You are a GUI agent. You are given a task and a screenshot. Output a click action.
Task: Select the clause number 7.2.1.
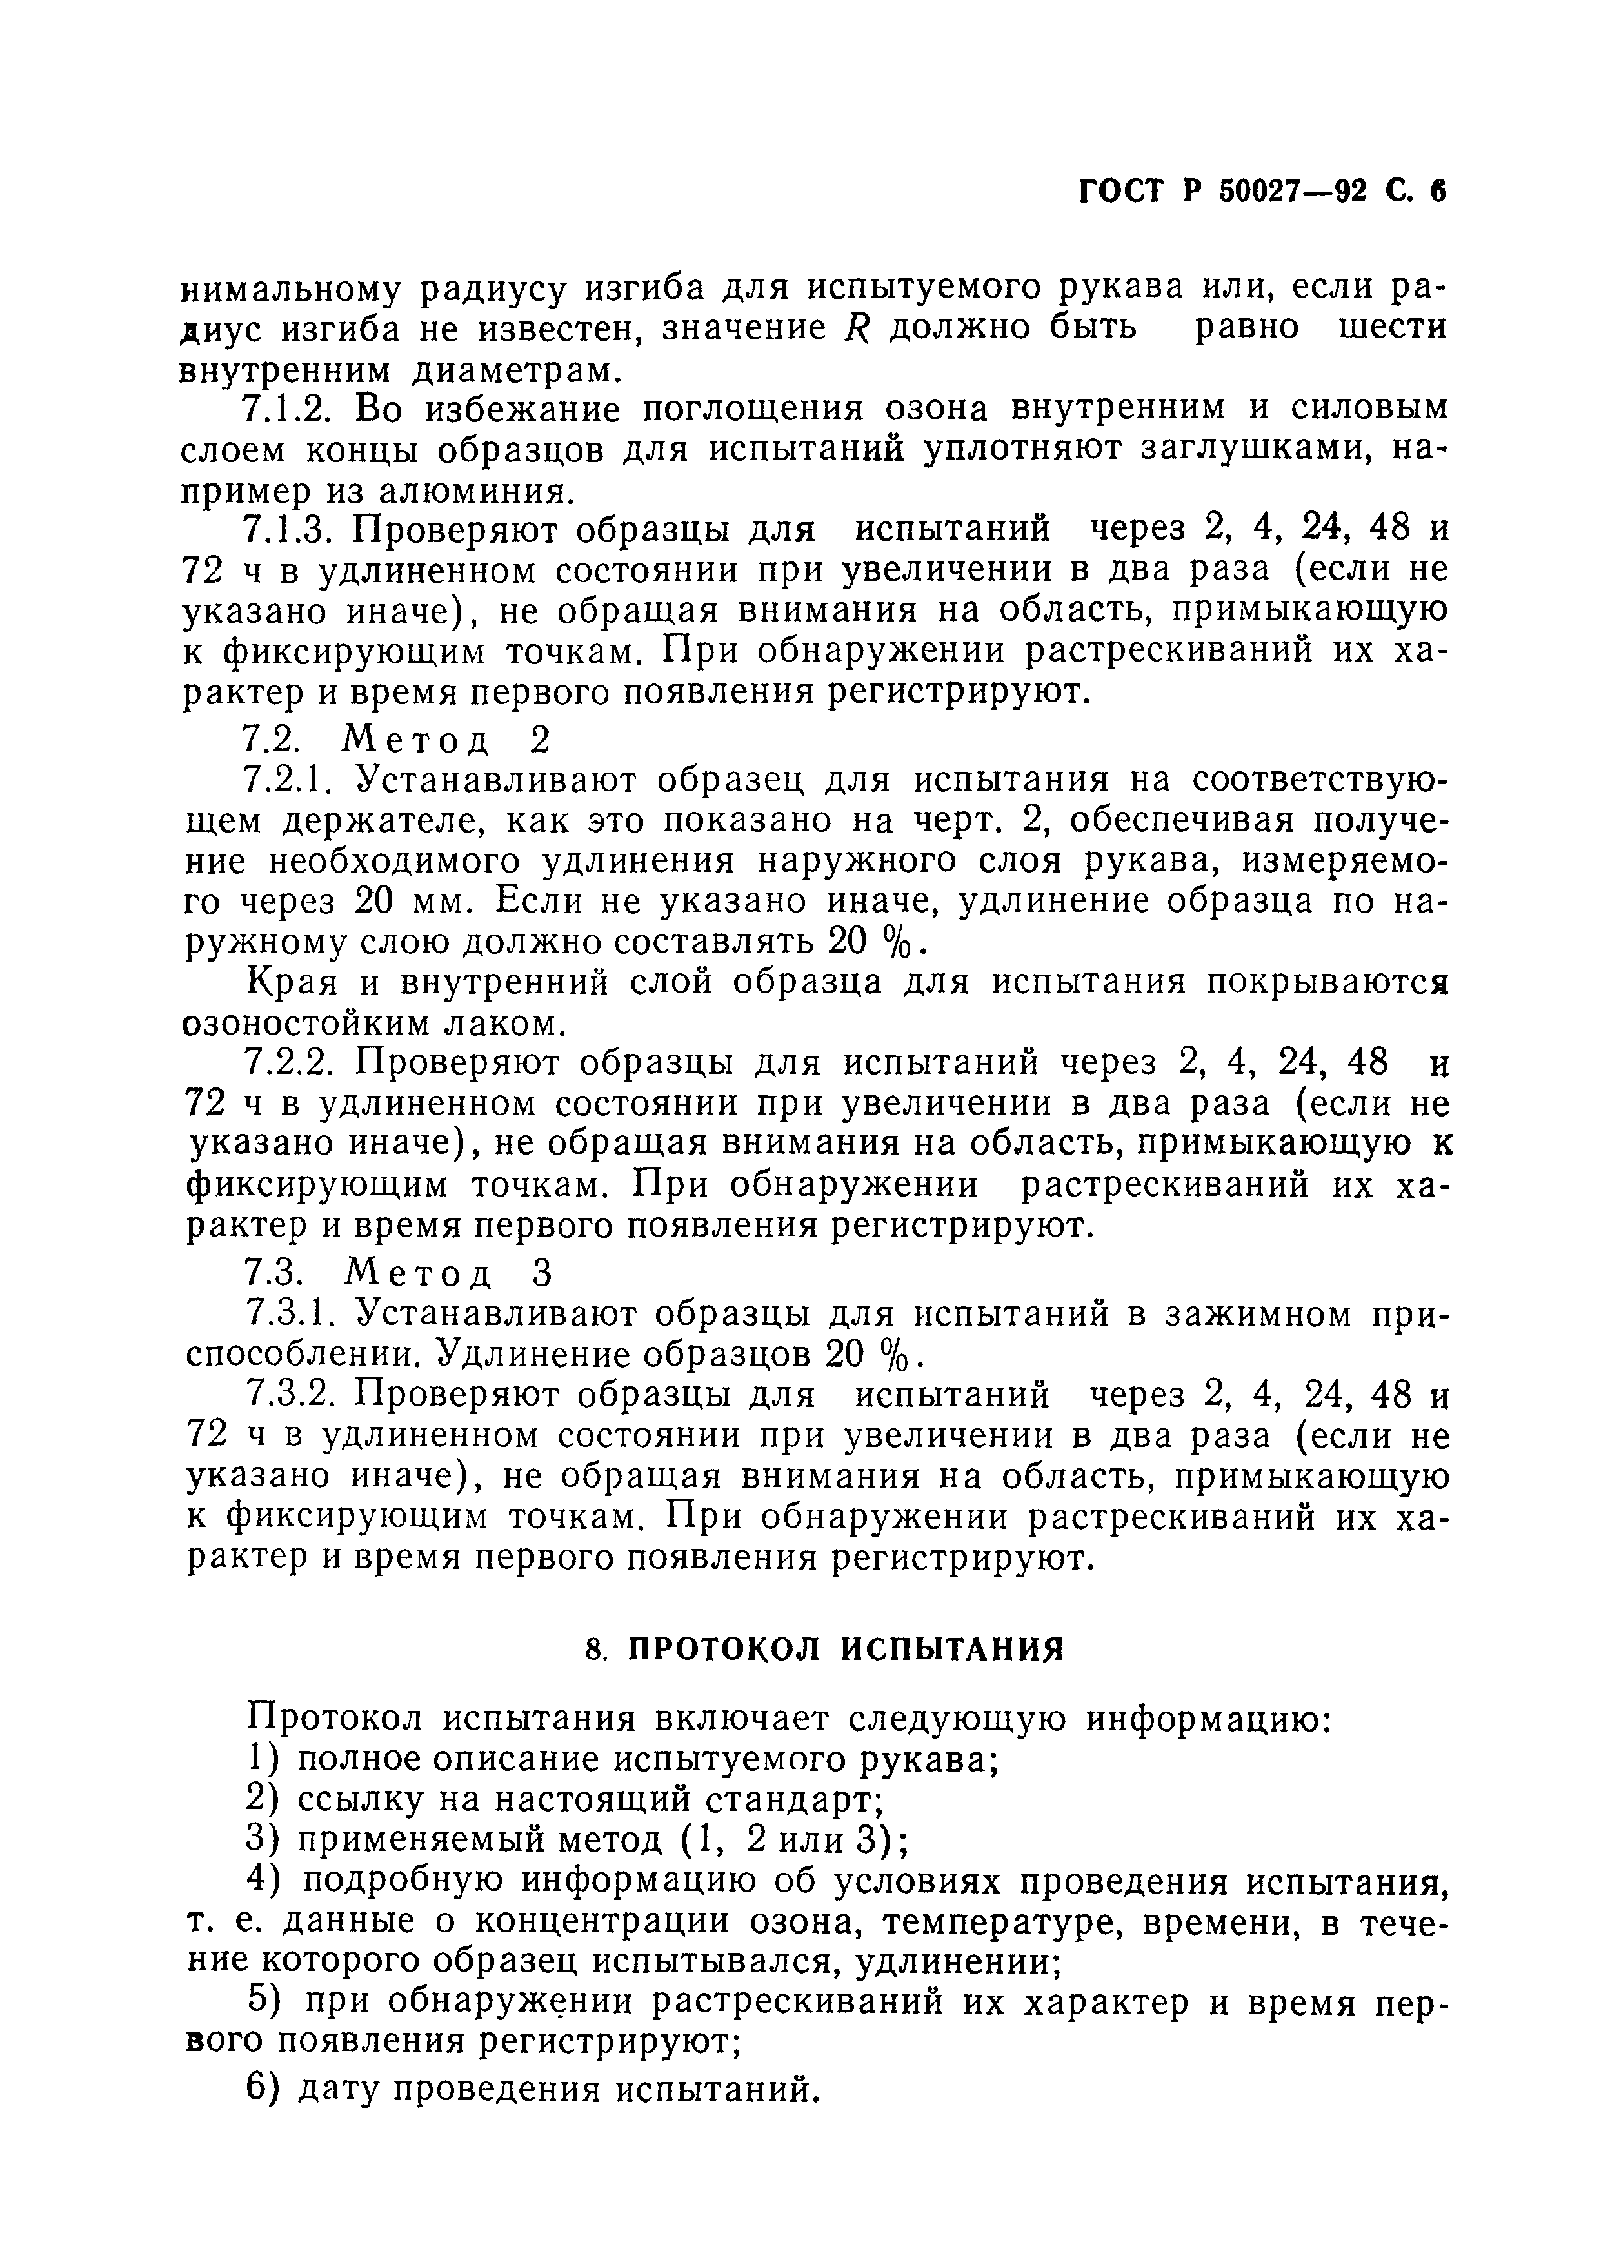tap(287, 780)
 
